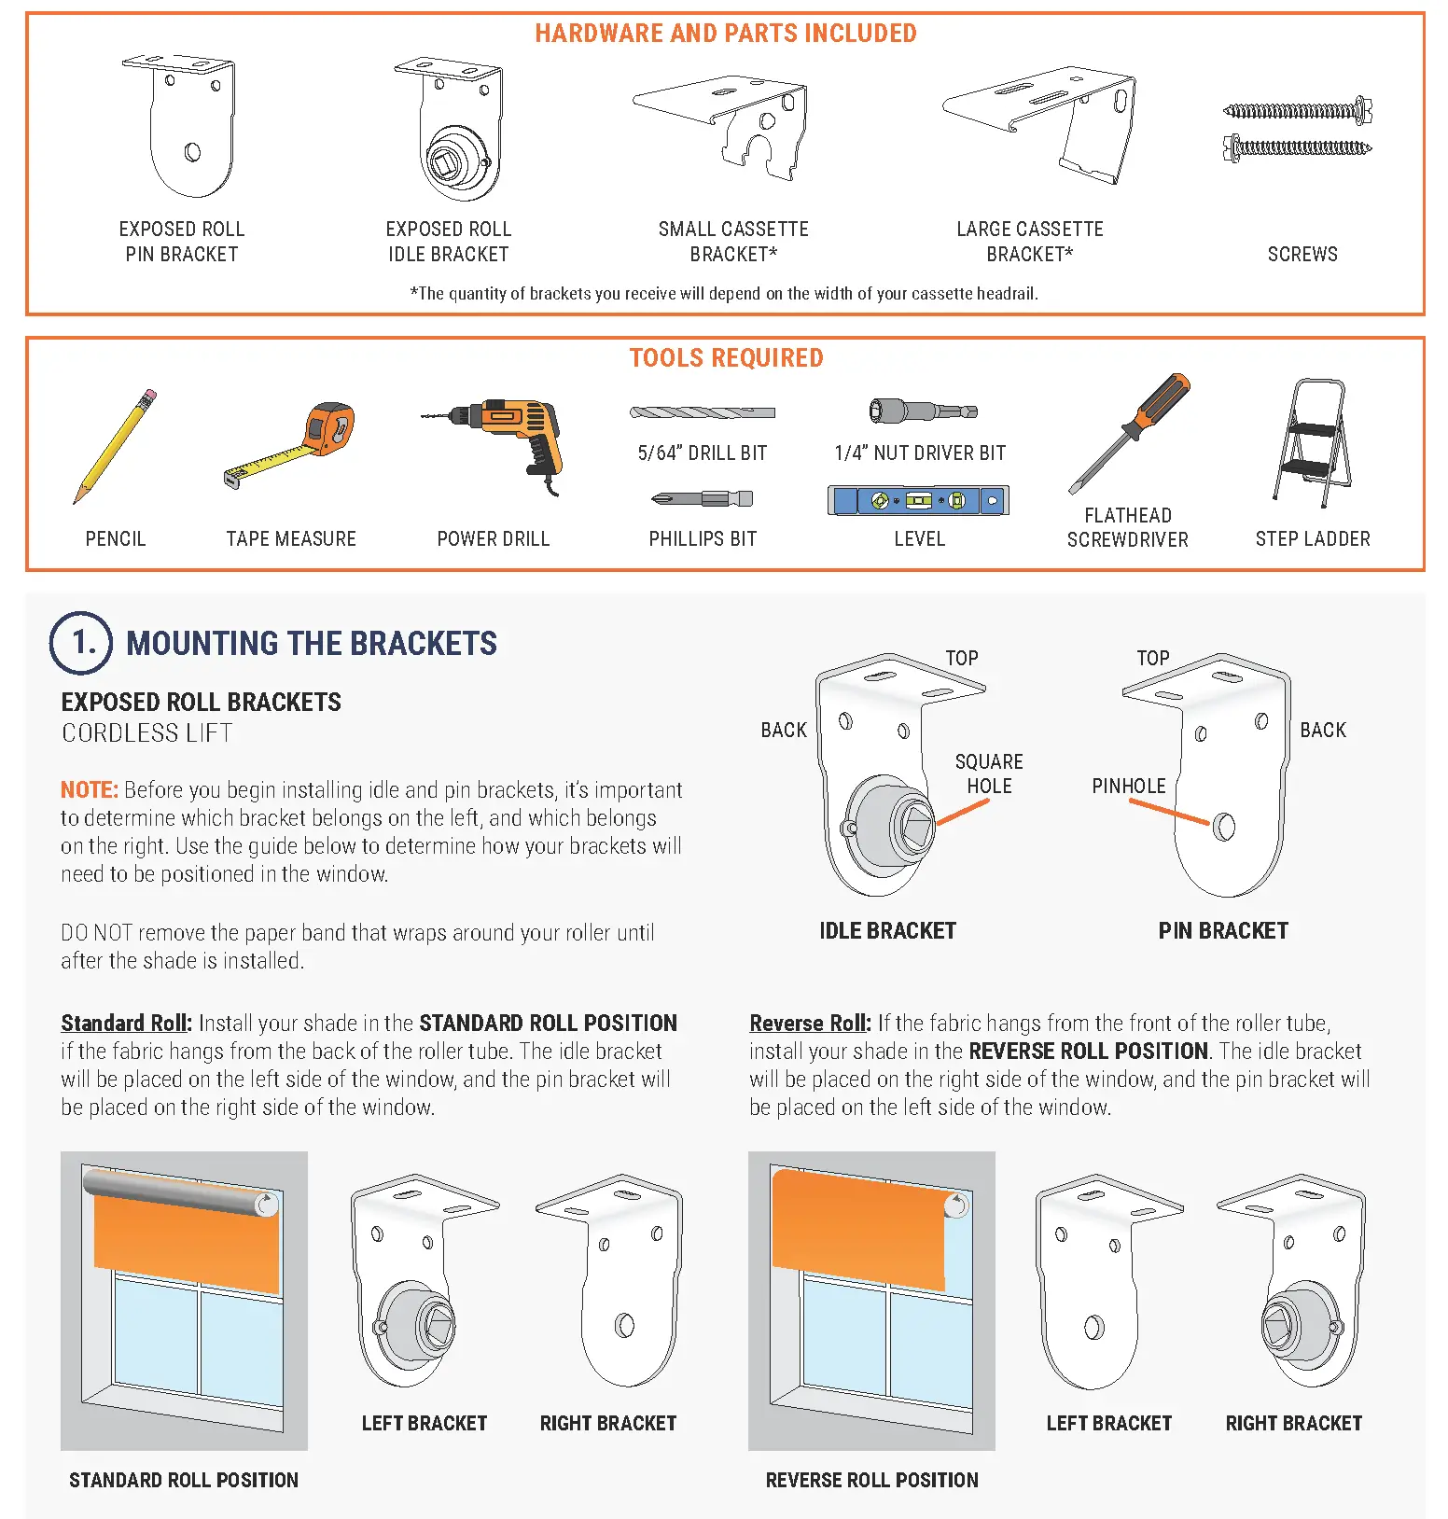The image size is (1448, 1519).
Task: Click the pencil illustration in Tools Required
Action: tap(116, 446)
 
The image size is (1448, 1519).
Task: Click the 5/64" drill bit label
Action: tap(702, 453)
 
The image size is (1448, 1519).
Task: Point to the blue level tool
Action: tap(918, 501)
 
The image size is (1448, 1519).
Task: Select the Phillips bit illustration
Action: tap(703, 499)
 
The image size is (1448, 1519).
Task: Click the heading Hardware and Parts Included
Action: tap(725, 34)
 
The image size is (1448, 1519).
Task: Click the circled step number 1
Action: tap(81, 643)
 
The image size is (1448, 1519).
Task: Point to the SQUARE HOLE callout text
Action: tap(989, 773)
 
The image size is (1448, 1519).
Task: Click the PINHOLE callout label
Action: tap(1128, 786)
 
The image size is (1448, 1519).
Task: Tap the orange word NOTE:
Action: tap(89, 790)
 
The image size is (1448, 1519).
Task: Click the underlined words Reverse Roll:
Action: tap(810, 1023)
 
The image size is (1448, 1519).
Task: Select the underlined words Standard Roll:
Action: tap(126, 1023)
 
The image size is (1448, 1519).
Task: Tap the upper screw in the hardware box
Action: tap(1297, 112)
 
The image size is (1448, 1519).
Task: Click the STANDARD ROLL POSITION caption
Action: tap(184, 1480)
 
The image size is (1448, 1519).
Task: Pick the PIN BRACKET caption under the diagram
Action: tap(1222, 930)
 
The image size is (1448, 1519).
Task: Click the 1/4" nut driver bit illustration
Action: tap(922, 411)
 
